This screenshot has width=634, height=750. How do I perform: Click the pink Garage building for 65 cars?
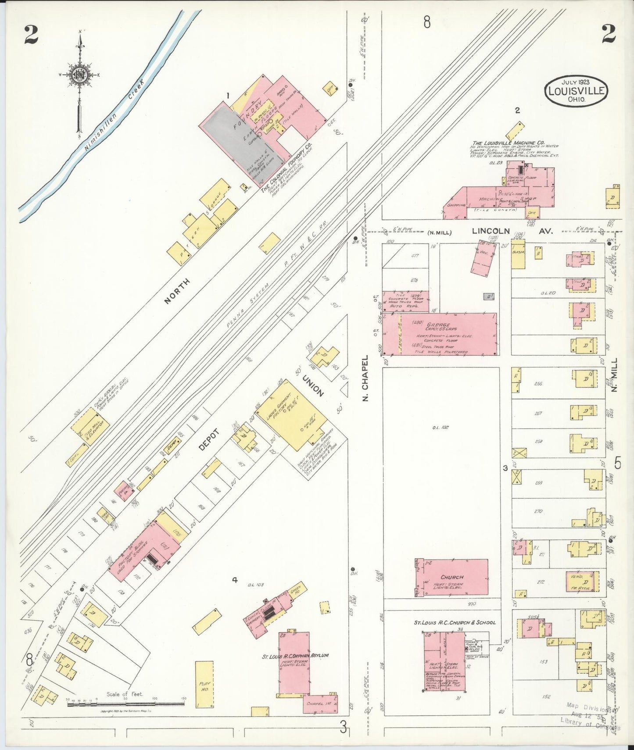coord(448,334)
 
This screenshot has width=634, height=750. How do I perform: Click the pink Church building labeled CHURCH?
coord(452,577)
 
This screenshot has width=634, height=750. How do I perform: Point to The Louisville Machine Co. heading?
coord(508,143)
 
